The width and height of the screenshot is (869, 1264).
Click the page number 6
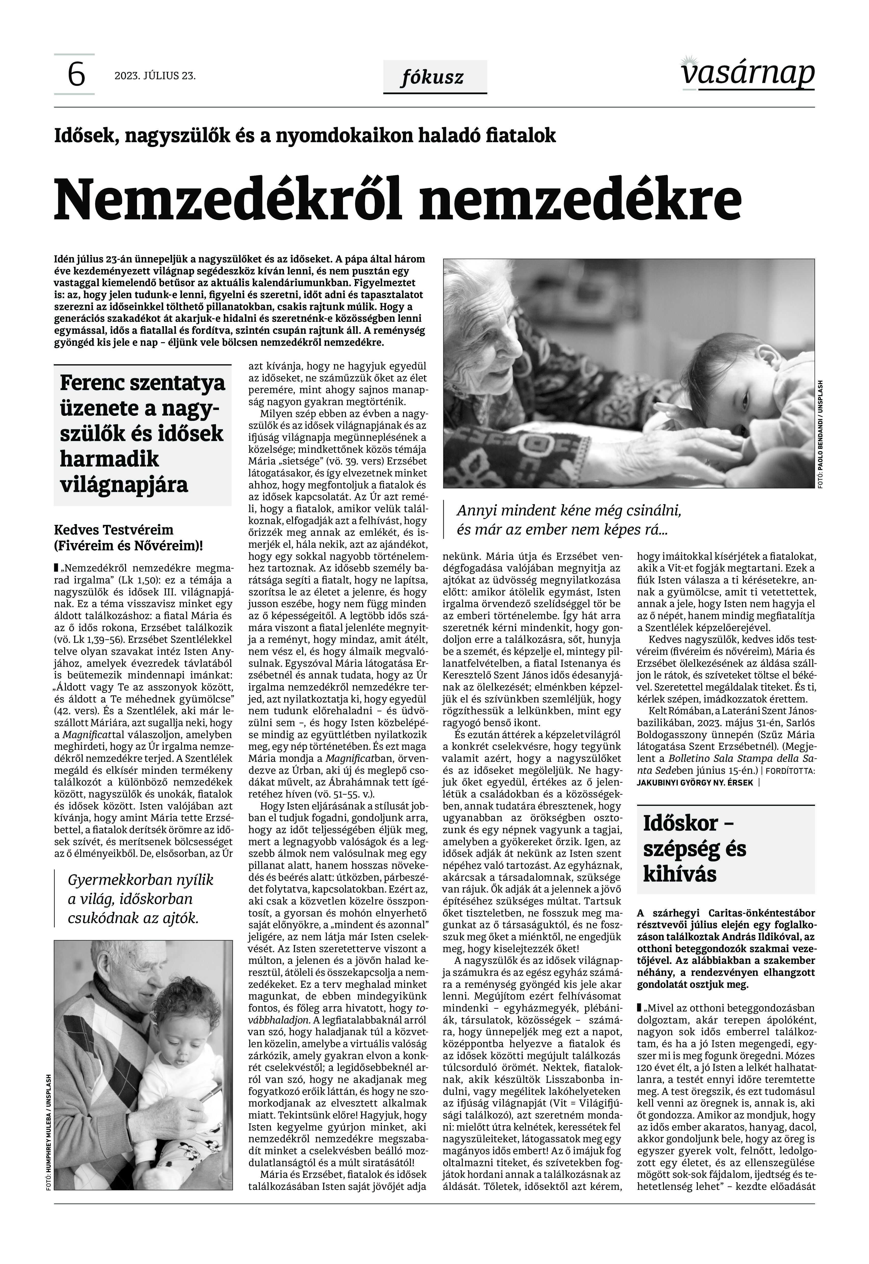(76, 75)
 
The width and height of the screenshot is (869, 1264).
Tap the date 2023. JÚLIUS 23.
(155, 76)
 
